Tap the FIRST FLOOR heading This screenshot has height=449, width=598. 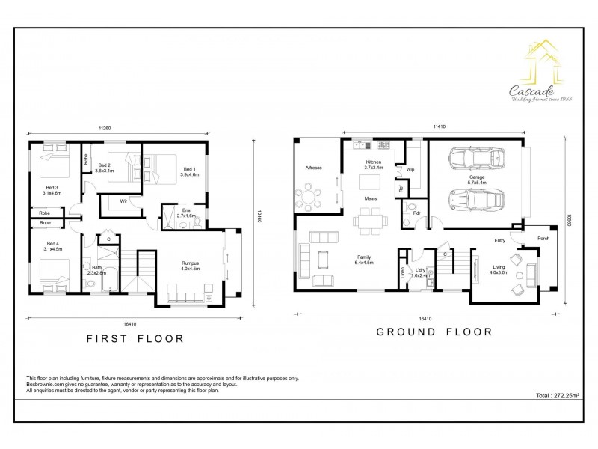[x=135, y=338]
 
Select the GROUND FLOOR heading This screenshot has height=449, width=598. [x=434, y=332]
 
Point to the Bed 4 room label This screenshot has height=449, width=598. [x=51, y=246]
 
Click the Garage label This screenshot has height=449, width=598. [x=477, y=179]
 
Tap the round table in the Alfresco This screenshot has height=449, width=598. [x=309, y=198]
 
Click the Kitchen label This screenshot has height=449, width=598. [x=373, y=165]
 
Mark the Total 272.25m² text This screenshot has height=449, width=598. [x=558, y=395]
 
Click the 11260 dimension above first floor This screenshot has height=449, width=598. [x=104, y=128]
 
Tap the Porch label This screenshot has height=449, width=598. [x=543, y=238]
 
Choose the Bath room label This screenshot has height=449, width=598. [x=97, y=269]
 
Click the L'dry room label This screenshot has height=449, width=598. [x=422, y=271]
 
